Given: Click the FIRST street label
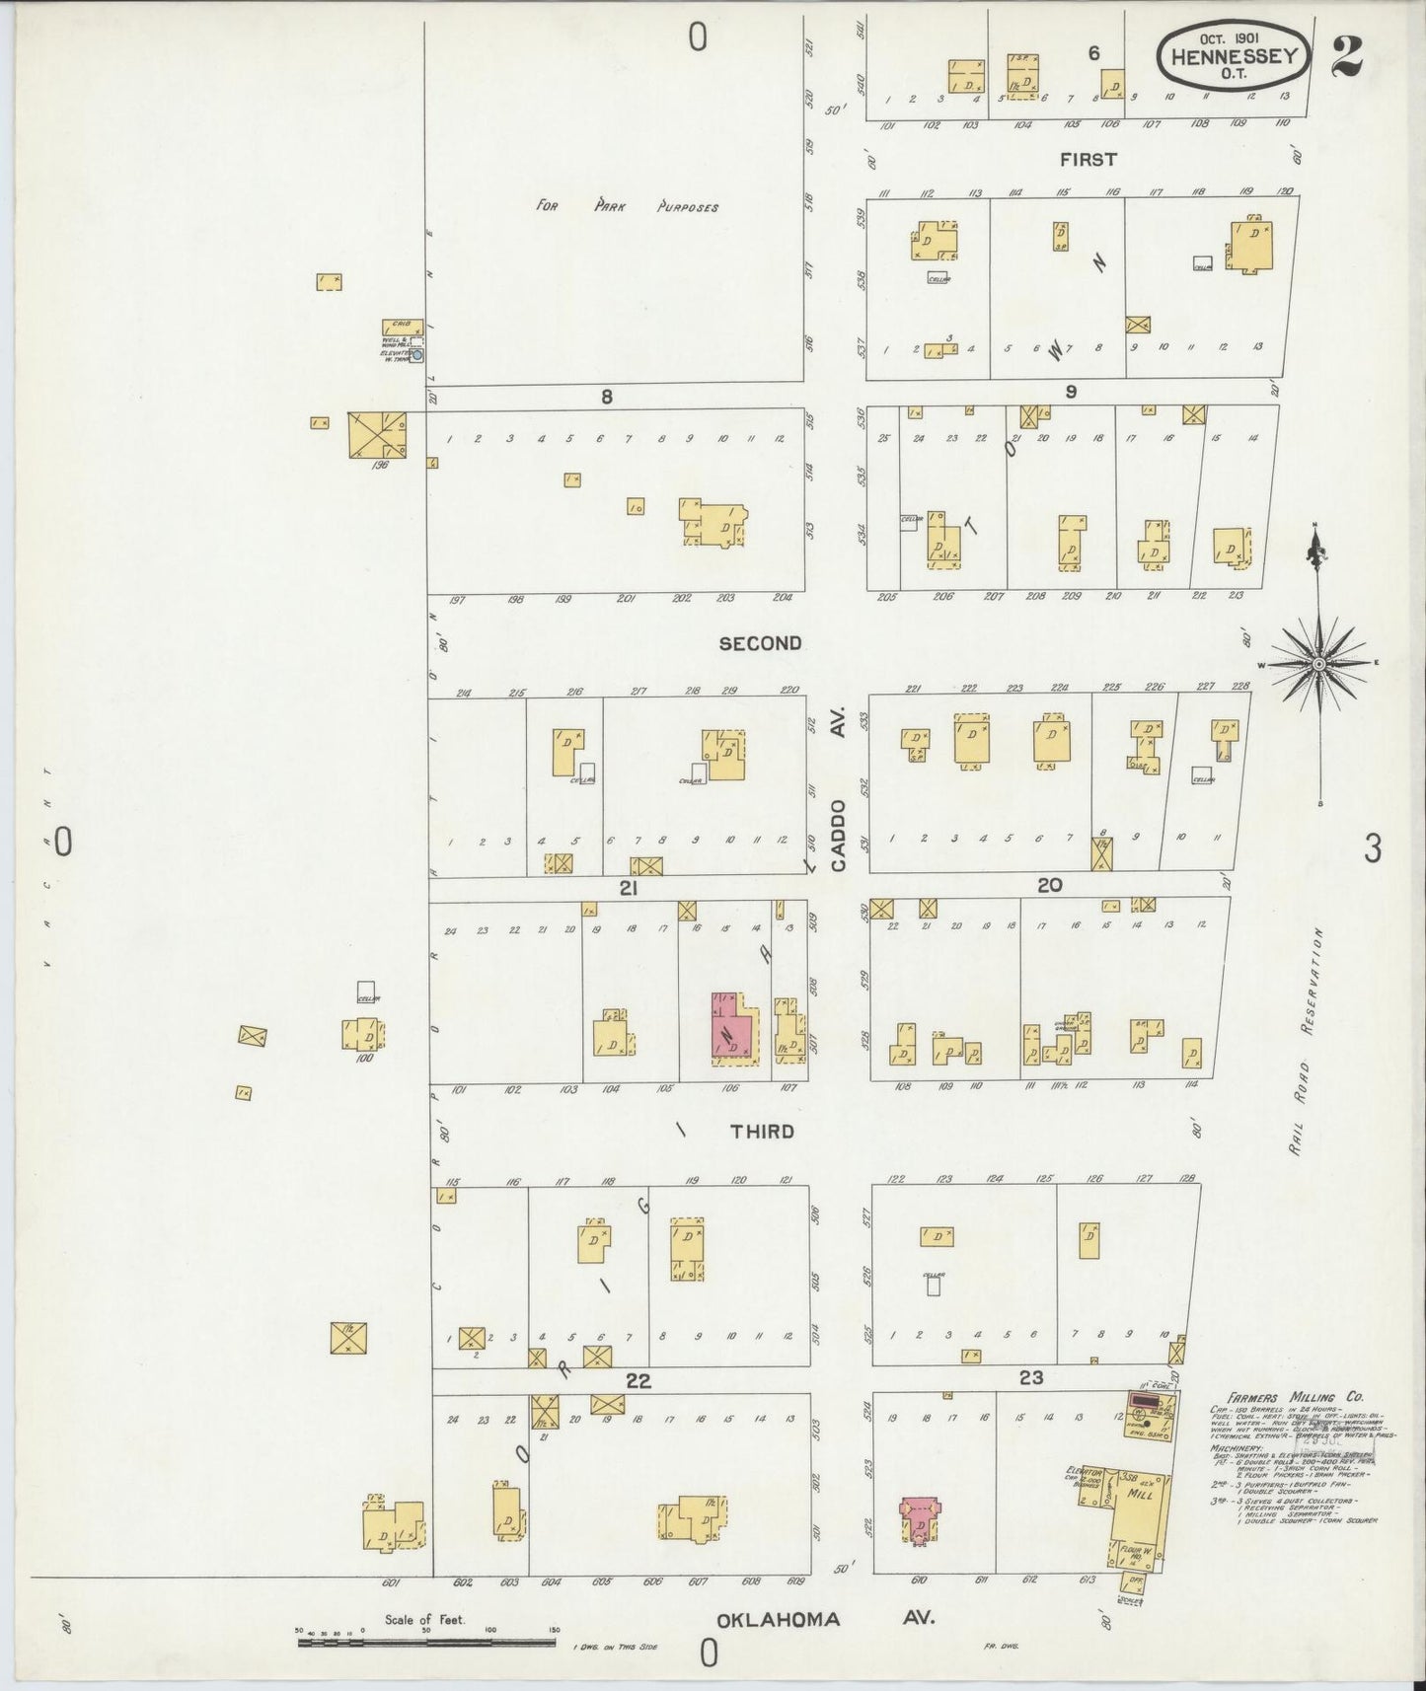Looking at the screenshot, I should pyautogui.click(x=1088, y=159).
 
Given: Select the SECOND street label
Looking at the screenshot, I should pyautogui.click(x=760, y=643).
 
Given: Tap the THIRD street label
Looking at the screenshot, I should pyautogui.click(x=762, y=1131).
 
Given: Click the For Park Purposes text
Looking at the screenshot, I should pyautogui.click(x=628, y=207).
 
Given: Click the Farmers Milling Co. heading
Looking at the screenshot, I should pyautogui.click(x=1296, y=1397).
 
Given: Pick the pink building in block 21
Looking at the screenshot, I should pyautogui.click(x=731, y=1029).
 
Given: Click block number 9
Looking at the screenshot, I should pyautogui.click(x=1070, y=393).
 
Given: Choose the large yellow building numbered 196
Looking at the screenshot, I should pyautogui.click(x=376, y=434).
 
